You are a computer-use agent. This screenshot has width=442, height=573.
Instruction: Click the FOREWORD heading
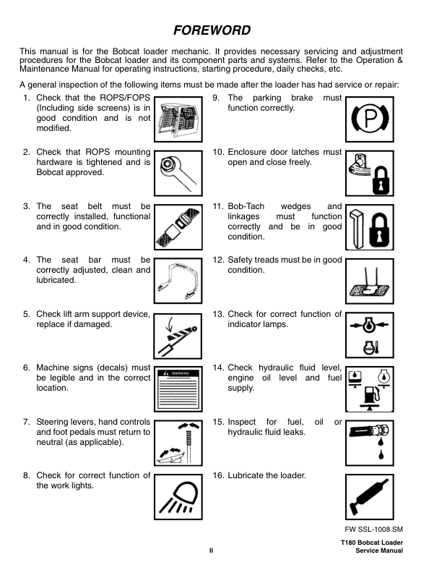(212, 30)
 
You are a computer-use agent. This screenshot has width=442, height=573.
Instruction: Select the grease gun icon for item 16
(370, 495)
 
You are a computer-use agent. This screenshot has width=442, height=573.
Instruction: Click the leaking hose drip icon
(370, 441)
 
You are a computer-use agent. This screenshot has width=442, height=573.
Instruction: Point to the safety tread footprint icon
(370, 281)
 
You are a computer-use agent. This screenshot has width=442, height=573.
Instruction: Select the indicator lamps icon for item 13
(370, 335)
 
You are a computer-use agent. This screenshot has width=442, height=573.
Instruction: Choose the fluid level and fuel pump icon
(370, 389)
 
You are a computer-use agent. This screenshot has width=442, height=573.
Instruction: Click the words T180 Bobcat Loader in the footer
(371, 543)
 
